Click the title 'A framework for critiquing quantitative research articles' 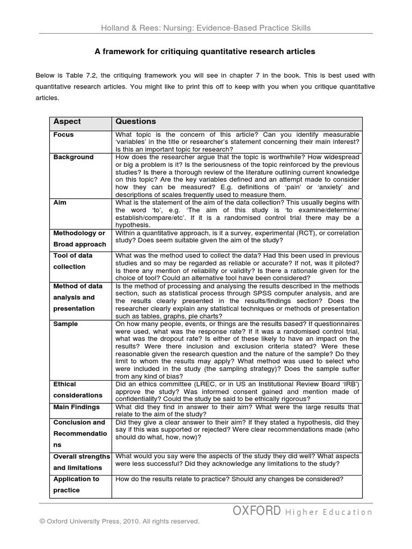tap(205, 51)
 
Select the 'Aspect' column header tap(67, 122)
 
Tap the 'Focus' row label tap(63, 135)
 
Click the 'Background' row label tap(73, 157)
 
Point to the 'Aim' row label tap(60, 203)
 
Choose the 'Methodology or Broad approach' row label tap(79, 239)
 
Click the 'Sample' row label tap(65, 324)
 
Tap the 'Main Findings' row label tap(76, 407)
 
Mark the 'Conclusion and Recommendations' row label tap(79, 433)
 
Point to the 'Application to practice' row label tap(76, 485)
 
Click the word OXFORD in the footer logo tap(256, 511)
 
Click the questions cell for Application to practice tap(230, 479)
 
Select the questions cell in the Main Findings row tap(237, 411)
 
